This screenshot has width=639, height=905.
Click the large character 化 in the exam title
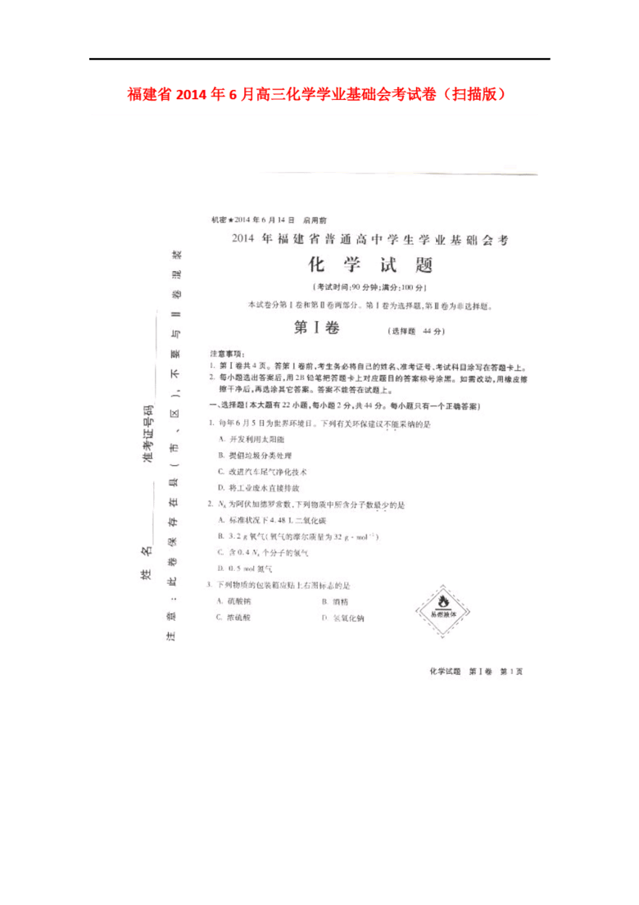[317, 265]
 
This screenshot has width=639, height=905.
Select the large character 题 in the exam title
[421, 265]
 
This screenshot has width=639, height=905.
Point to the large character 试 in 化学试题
[387, 265]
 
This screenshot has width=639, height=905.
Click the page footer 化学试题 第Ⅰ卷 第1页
[475, 672]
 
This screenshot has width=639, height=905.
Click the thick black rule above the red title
[319, 59]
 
